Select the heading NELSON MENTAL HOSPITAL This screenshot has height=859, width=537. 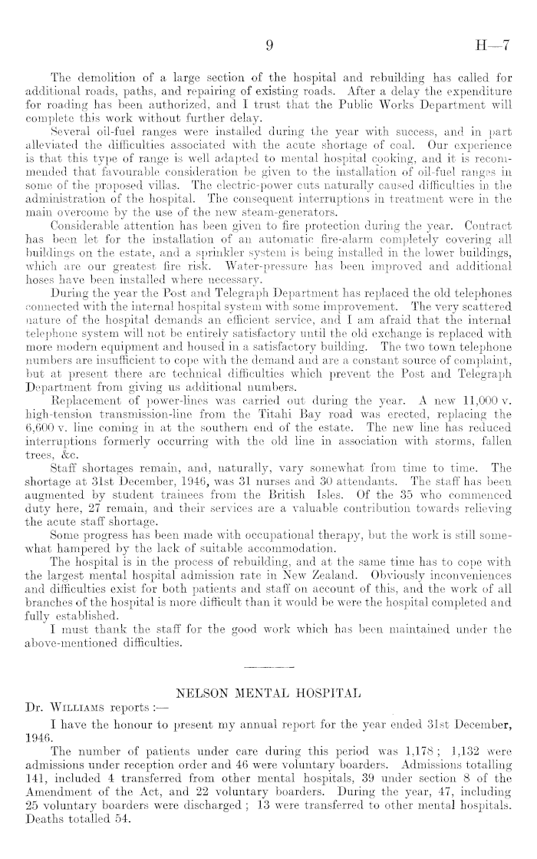(x=268, y=693)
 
